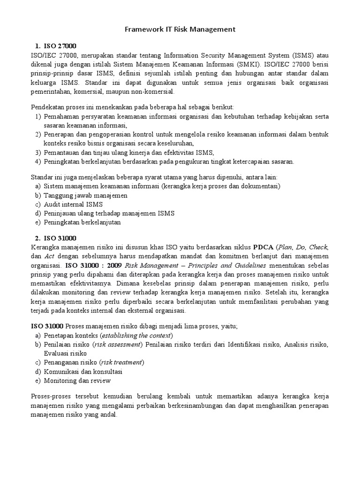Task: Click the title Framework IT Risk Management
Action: point(180,30)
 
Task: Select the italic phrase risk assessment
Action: point(117,345)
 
